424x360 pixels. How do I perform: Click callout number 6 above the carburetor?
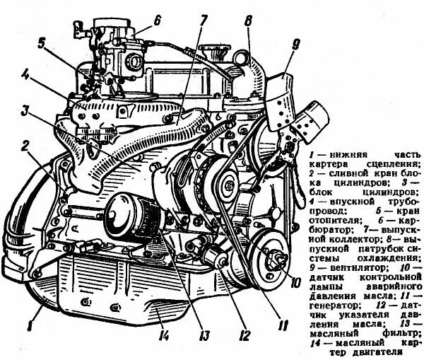pos(157,19)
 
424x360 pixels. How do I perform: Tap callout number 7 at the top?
pos(202,20)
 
